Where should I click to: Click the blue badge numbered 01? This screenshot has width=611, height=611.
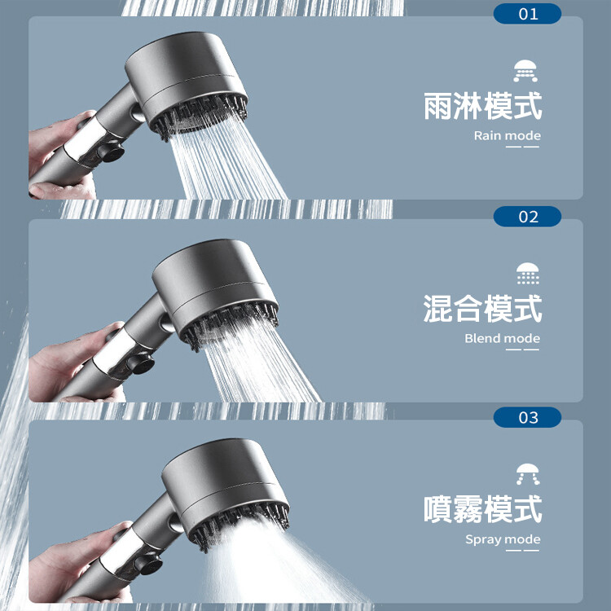(527, 14)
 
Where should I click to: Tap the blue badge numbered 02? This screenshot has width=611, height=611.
(527, 216)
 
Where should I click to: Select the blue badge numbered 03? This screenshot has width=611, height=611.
(527, 417)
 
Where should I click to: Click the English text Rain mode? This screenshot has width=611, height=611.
(507, 135)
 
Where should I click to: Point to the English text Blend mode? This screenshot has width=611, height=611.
(503, 338)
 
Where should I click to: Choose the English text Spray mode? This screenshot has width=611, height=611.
(503, 539)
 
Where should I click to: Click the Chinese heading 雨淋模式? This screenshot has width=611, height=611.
(483, 106)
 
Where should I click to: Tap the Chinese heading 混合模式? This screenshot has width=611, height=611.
(483, 309)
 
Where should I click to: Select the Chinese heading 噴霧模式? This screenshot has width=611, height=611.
(483, 509)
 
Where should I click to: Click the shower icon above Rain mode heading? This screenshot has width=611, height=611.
(525, 71)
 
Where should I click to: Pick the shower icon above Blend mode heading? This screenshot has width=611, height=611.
(528, 273)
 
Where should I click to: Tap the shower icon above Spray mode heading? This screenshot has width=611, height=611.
(528, 474)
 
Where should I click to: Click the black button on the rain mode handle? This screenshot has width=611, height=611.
(111, 152)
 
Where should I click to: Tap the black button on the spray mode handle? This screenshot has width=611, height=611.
(148, 564)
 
